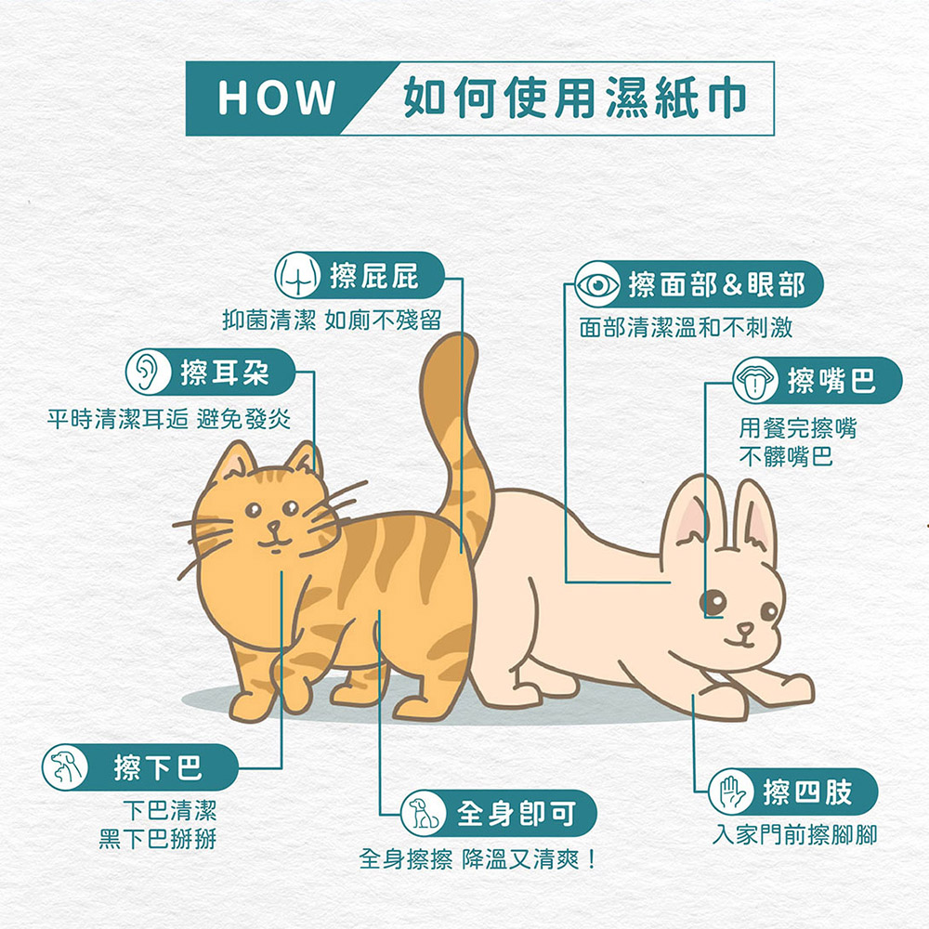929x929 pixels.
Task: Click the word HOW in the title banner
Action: [x=276, y=98]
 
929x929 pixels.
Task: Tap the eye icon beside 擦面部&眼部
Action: [x=597, y=285]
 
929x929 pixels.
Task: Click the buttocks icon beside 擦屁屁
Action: [x=297, y=276]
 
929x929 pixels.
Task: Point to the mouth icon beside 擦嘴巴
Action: [x=754, y=380]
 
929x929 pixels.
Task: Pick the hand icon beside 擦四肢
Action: [x=731, y=792]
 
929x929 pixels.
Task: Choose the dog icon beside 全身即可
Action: [x=423, y=813]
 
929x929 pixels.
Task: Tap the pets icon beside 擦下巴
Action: [x=65, y=767]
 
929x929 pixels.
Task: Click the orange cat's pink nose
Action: [x=274, y=526]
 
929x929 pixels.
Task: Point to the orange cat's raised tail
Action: [x=457, y=438]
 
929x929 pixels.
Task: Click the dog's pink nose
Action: [x=745, y=628]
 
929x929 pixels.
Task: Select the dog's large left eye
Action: [x=713, y=603]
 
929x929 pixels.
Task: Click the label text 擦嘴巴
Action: [x=831, y=380]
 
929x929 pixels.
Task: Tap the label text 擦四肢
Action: [x=807, y=792]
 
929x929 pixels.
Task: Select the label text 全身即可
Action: [x=516, y=813]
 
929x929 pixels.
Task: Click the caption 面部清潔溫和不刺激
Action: [x=686, y=327]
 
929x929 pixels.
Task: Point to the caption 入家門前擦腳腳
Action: [x=794, y=835]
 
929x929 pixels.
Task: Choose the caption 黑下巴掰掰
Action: [x=158, y=839]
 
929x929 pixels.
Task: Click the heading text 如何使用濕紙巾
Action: [x=574, y=98]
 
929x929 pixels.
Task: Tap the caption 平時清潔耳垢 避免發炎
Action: [x=169, y=420]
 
